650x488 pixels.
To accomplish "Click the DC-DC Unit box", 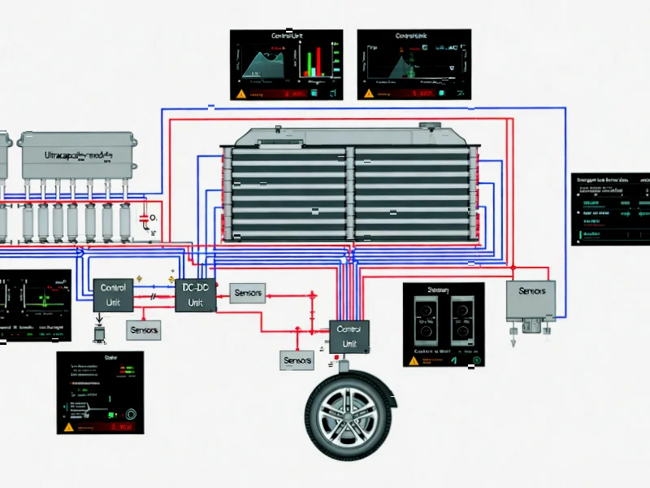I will tap(195, 294).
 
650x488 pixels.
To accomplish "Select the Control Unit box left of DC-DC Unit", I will tap(113, 295).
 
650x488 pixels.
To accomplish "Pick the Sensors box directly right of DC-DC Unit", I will tap(247, 293).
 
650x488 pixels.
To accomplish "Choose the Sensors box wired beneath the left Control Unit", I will tap(144, 329).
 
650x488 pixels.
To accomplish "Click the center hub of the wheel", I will tap(350, 413).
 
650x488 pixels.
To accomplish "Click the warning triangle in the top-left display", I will tap(240, 94).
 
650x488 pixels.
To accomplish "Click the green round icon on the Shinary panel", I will tap(477, 360).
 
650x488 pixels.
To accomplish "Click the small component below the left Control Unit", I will tap(99, 333).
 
